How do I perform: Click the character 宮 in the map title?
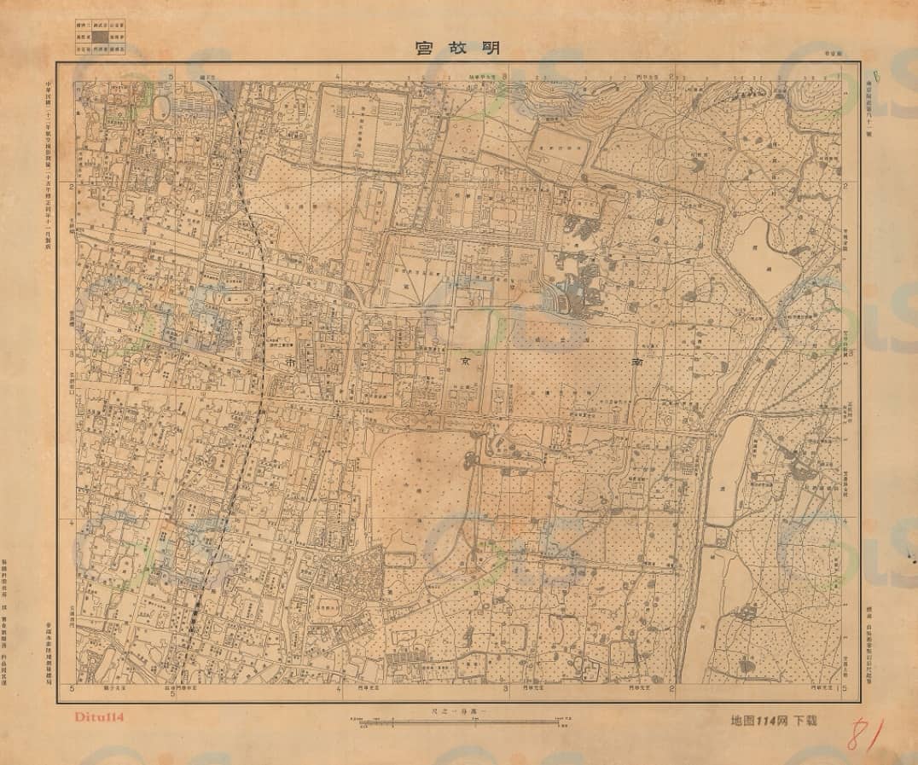coord(422,48)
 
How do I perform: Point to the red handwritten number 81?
coord(863,734)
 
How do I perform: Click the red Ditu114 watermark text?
coord(101,717)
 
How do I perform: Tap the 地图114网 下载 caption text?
coord(774,721)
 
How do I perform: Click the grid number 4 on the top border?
coord(339,78)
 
